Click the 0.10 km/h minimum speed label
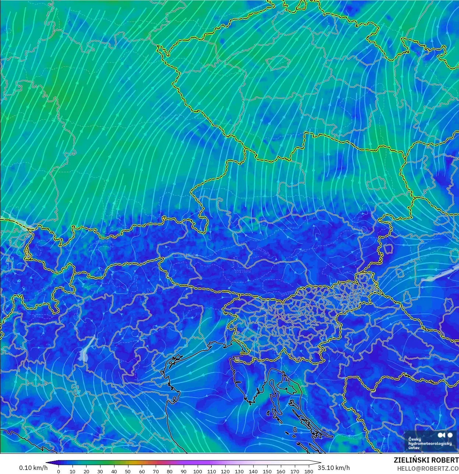pos(33,468)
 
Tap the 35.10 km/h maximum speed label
pos(334,468)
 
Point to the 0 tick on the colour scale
pos(59,471)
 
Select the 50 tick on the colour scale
pos(128,471)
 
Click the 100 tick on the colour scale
pos(198,471)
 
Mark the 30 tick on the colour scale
pos(100,471)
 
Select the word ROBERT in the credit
pos(445,460)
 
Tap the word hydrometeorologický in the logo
pos(430,443)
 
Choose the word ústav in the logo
pos(414,448)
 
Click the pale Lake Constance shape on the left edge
pos(15,221)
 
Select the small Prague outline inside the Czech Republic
pos(278,62)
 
